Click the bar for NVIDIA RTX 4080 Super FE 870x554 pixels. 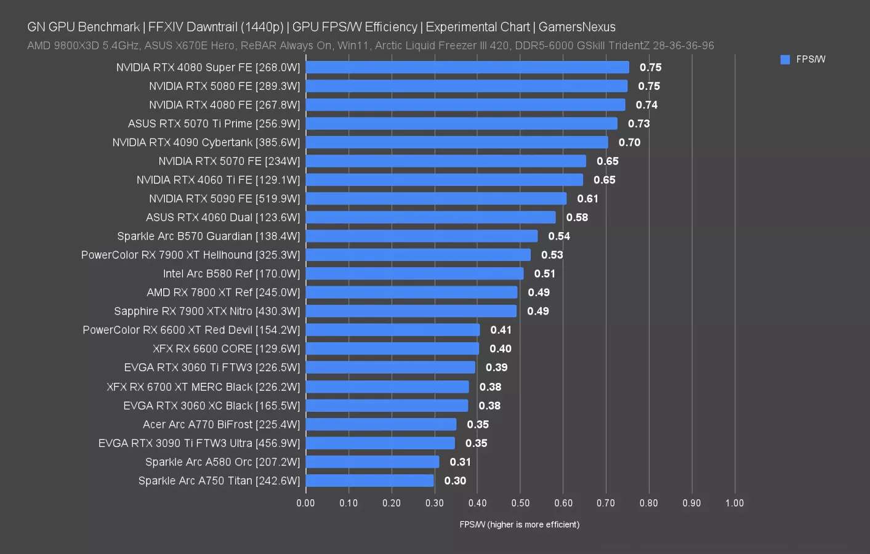(467, 67)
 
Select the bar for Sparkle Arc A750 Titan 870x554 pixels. (369, 481)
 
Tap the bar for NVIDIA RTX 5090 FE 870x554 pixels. (436, 199)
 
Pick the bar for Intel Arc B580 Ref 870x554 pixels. (414, 274)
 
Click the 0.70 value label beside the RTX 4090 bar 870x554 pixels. (629, 142)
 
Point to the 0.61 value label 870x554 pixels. (587, 199)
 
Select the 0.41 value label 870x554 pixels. (501, 330)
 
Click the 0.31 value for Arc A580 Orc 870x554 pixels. (460, 462)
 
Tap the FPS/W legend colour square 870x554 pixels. (785, 60)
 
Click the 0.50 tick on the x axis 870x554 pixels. (520, 503)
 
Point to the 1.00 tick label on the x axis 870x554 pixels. (734, 503)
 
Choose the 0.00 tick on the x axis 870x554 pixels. (305, 503)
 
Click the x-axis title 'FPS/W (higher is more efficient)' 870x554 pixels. (519, 524)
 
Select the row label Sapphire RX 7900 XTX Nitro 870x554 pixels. (207, 311)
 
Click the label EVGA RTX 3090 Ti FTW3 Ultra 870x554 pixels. (199, 443)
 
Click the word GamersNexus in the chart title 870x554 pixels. (577, 27)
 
